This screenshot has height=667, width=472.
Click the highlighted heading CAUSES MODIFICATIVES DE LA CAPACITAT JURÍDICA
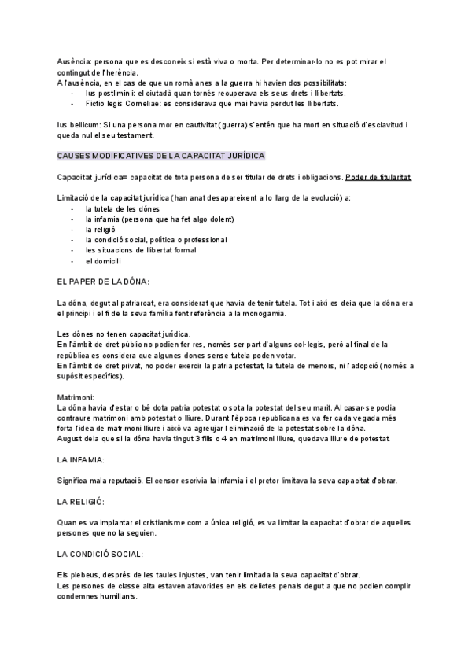click(x=161, y=157)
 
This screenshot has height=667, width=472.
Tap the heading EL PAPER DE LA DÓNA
click(x=104, y=281)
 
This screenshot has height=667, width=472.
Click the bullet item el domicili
click(x=102, y=260)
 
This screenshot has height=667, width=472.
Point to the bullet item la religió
click(x=101, y=229)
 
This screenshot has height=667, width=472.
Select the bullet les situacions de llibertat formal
click(x=141, y=250)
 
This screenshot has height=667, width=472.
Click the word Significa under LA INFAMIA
click(x=75, y=480)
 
